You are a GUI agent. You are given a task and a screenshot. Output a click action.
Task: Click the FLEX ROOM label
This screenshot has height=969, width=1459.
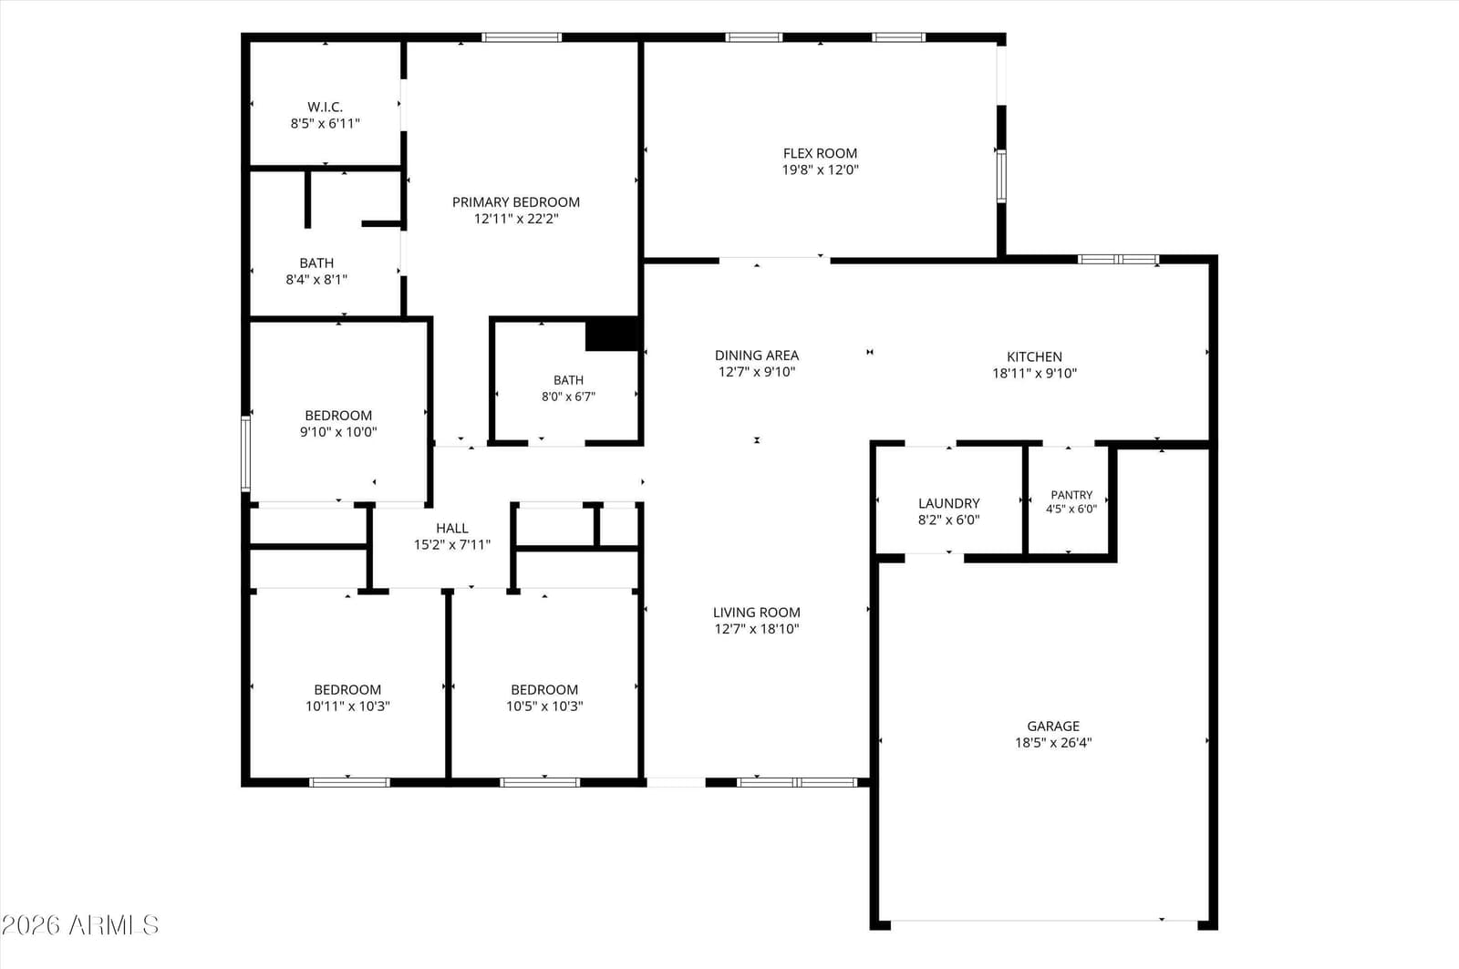point(820,153)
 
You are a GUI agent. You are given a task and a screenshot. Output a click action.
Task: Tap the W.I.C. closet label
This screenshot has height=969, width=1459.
point(325,107)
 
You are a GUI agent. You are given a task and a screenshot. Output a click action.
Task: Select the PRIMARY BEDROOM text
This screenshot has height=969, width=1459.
point(516,201)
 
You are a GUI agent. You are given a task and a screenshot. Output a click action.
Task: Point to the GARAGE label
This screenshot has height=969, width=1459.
point(1053,726)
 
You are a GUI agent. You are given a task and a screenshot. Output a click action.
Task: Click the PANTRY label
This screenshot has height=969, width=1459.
point(1071,495)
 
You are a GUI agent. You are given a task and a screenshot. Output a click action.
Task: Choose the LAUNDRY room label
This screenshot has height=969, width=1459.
point(949,503)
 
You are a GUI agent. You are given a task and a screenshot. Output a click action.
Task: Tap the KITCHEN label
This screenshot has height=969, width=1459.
point(1034,356)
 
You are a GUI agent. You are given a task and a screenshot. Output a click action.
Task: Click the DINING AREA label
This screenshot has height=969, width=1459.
point(757,356)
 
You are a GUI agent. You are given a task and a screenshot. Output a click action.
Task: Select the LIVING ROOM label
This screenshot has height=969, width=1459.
point(757,613)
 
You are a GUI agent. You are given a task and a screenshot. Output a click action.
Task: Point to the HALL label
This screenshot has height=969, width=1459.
point(452,528)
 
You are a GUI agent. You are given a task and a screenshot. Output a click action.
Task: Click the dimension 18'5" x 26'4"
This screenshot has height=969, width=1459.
point(1053,742)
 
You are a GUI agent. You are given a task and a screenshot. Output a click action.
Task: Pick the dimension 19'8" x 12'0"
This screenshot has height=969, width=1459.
point(820,170)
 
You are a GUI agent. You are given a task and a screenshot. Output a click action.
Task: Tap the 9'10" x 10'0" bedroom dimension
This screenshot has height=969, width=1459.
point(338,432)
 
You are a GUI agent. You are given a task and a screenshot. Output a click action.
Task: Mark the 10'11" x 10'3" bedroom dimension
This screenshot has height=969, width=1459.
point(347,706)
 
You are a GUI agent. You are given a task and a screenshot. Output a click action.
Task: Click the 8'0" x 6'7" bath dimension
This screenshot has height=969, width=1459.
point(568,397)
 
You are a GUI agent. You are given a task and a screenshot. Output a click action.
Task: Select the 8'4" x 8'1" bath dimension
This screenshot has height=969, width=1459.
point(316,280)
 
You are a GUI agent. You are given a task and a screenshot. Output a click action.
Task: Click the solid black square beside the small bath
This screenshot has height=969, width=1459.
point(612,335)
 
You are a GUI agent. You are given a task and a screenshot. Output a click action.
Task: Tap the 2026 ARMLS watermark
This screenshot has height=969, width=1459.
point(80,924)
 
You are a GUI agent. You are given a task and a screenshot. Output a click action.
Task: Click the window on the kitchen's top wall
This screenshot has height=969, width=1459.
point(1118,259)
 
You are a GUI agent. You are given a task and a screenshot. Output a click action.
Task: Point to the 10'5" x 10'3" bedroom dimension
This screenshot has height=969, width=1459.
point(544,706)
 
